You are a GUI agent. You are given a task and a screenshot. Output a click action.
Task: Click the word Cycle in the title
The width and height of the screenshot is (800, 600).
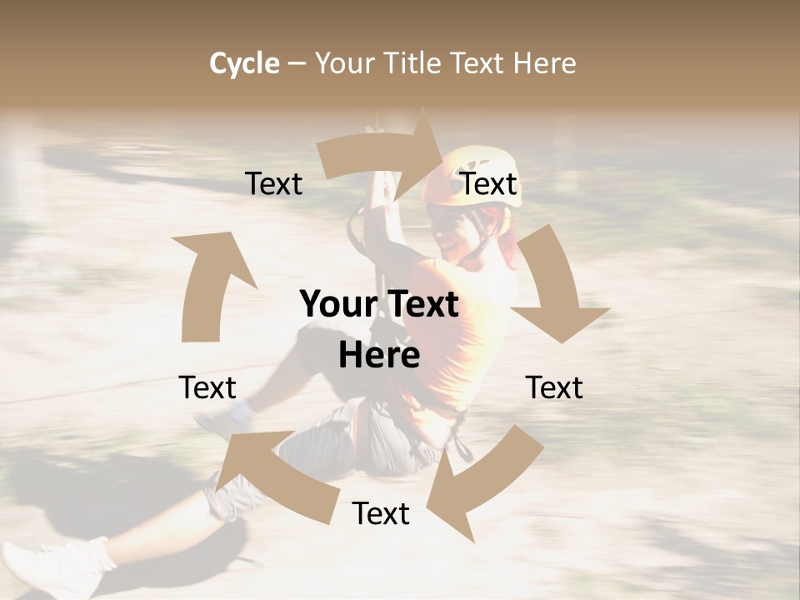coord(244,63)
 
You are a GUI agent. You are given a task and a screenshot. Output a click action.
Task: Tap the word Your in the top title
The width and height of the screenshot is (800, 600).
coord(345,63)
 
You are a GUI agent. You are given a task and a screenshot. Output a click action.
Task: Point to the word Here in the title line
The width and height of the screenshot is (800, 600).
coord(545,63)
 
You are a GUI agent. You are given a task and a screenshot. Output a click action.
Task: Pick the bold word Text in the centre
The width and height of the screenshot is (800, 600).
coord(421,305)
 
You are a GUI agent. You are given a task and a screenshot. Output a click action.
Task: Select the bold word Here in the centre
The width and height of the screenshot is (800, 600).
coord(379,356)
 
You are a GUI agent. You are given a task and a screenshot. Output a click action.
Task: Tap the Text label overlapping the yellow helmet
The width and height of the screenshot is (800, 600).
coord(489,184)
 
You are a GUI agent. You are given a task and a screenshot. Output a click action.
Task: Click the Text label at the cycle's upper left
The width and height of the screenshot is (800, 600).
coord(274,184)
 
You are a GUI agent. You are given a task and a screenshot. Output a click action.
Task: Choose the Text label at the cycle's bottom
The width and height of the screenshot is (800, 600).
coord(381,514)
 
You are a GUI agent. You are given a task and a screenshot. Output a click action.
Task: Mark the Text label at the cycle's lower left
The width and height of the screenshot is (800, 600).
coord(207,387)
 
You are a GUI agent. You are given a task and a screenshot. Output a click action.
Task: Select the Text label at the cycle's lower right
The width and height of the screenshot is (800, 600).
coord(554,387)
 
